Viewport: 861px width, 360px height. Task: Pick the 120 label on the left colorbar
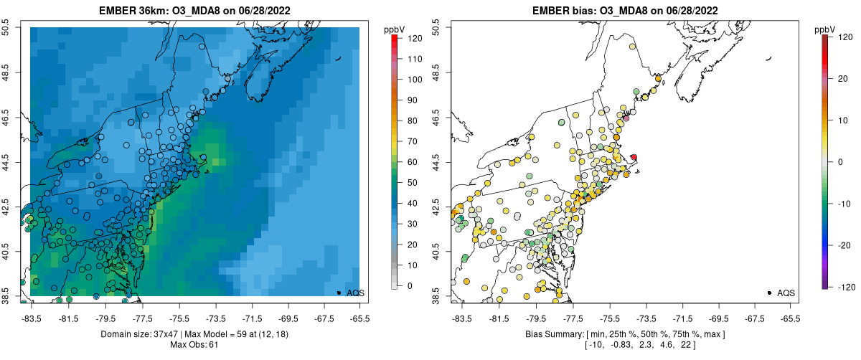coord(415,37)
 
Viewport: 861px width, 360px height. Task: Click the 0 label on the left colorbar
coord(410,286)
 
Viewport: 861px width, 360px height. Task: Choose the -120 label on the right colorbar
coord(844,286)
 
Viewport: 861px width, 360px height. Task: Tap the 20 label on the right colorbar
coord(842,79)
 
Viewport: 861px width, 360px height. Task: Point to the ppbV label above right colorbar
coord(825,29)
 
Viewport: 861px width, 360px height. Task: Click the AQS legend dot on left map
coord(338,293)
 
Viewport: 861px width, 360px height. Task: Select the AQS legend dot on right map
coord(768,293)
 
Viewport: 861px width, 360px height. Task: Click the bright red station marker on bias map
coord(634,157)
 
